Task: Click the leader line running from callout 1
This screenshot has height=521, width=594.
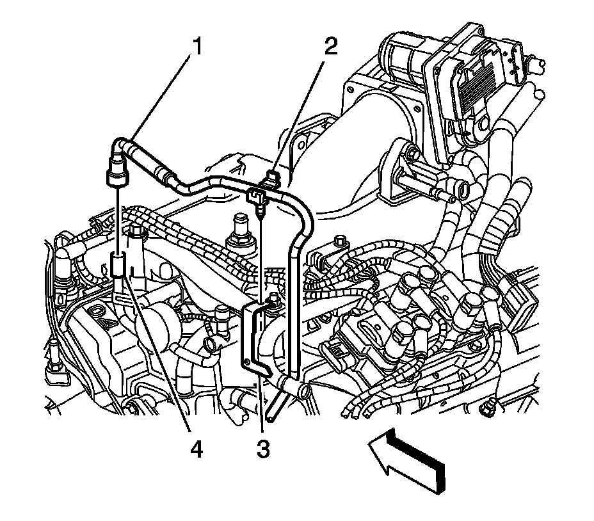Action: tap(160, 96)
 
